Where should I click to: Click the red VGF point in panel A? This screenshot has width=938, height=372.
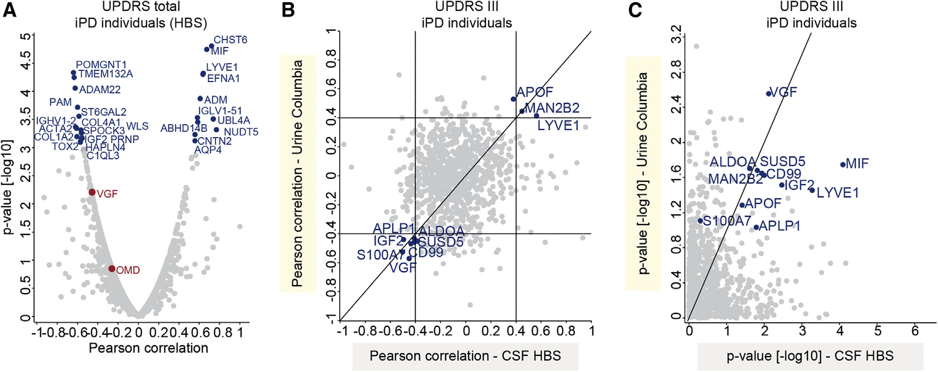(x=92, y=192)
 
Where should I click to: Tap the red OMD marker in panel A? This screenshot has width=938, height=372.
(x=112, y=269)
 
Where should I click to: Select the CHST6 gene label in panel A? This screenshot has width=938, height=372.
(x=230, y=40)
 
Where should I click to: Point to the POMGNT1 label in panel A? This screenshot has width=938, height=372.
(x=101, y=65)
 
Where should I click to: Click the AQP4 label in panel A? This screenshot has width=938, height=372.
(x=208, y=150)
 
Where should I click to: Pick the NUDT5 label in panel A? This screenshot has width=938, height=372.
(x=241, y=132)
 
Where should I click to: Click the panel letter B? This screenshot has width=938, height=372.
(x=288, y=10)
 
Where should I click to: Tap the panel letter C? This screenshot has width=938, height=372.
(x=635, y=10)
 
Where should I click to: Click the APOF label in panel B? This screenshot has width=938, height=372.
(x=535, y=92)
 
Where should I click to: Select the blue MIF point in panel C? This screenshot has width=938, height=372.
(x=843, y=165)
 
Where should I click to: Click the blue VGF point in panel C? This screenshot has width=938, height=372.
(x=769, y=94)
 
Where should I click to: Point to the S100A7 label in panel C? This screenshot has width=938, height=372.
(x=727, y=221)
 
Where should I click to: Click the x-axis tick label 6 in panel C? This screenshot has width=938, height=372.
(x=915, y=330)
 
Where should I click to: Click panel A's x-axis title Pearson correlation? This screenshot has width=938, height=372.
(x=148, y=348)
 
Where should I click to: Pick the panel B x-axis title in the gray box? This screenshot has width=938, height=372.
(x=465, y=356)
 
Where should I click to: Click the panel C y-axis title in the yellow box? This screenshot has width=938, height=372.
(x=643, y=173)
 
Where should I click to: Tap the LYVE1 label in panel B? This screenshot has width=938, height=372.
(x=558, y=126)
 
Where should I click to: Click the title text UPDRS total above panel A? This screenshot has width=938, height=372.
(x=141, y=7)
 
